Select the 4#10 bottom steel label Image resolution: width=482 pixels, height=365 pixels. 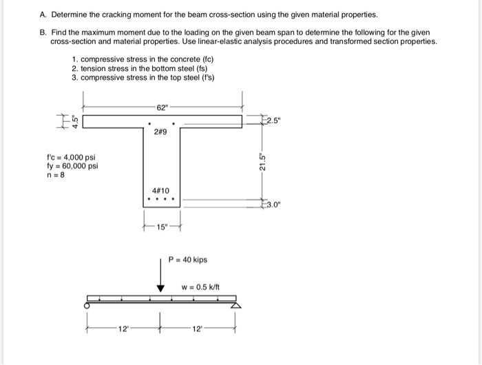coord(162,191)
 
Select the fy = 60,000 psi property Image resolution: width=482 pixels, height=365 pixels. coord(72,165)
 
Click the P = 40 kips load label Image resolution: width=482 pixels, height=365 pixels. coord(188,260)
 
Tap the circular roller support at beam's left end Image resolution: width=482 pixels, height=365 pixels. coord(87,304)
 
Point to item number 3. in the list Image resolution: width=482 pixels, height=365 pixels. coord(74,77)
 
